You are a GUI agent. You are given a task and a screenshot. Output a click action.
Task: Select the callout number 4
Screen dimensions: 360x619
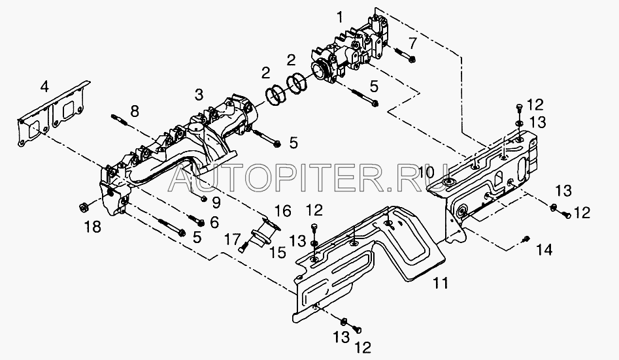click(44, 86)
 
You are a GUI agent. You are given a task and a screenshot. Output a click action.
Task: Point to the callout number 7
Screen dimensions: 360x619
click(412, 43)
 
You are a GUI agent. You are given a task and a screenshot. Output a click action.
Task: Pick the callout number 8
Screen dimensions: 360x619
click(135, 111)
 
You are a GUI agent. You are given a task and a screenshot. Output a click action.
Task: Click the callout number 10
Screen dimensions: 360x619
click(427, 172)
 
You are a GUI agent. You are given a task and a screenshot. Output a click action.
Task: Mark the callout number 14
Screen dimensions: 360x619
click(544, 249)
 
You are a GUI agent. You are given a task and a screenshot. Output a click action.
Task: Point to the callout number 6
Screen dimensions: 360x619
click(213, 222)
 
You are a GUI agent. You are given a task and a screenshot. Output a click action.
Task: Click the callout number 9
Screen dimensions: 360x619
click(215, 200)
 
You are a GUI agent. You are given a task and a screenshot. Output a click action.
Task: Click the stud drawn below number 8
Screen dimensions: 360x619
click(121, 122)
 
